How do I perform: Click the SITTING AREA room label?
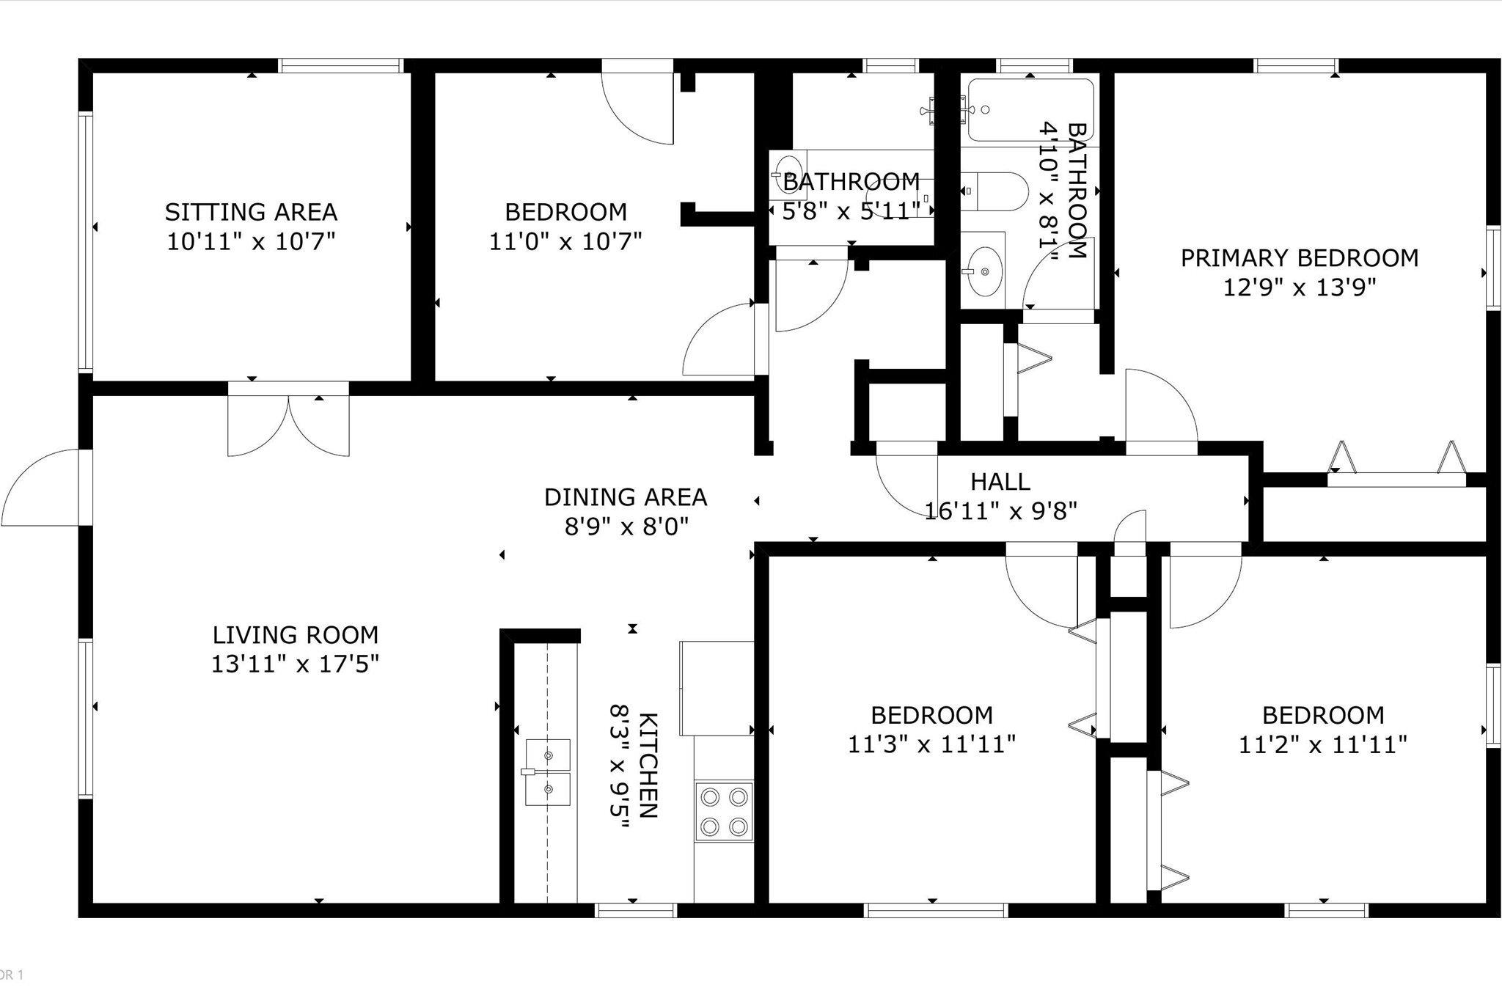[x=251, y=212]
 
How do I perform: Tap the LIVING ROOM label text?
[x=296, y=634]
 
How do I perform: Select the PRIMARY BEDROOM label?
[x=1300, y=258]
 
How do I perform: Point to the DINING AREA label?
[x=626, y=497]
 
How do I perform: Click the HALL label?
[x=1000, y=482]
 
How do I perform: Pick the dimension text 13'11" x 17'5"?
[x=296, y=664]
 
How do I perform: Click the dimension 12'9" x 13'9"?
[x=1300, y=287]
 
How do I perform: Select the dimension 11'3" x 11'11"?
[x=932, y=744]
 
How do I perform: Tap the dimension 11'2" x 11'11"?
[x=1323, y=744]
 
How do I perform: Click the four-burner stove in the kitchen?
[x=724, y=810]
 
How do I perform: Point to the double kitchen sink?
[x=548, y=771]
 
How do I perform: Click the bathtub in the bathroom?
[x=1030, y=110]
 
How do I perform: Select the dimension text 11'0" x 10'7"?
[x=565, y=241]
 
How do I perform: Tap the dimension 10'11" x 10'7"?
[x=251, y=241]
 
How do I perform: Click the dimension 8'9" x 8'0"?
[x=626, y=527]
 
